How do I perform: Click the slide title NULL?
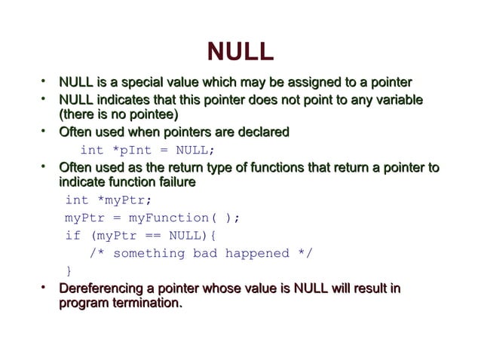240,52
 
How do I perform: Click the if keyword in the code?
72,235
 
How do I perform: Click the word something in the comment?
149,253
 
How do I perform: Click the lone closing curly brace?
69,270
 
